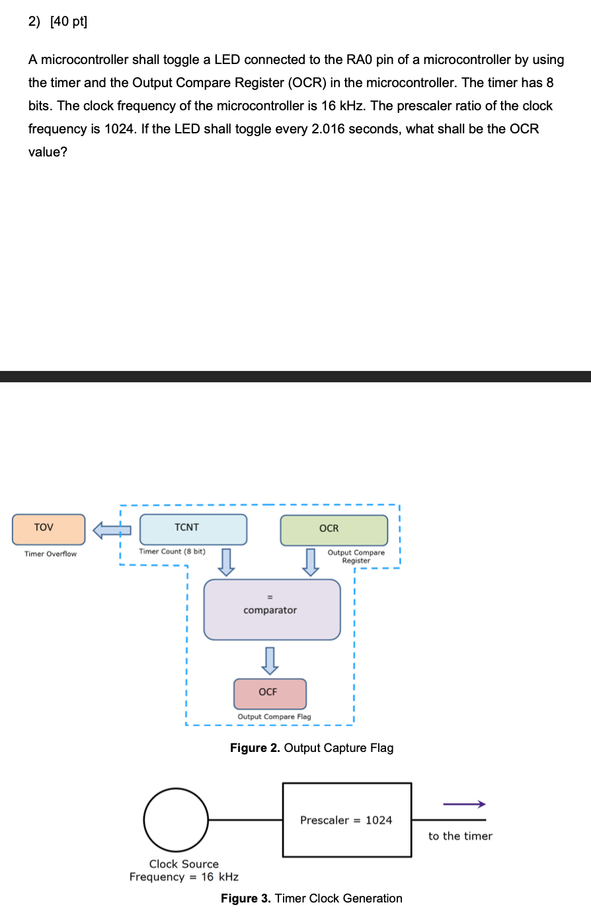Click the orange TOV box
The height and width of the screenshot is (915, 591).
pyautogui.click(x=49, y=529)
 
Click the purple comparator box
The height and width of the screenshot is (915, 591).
pyautogui.click(x=272, y=609)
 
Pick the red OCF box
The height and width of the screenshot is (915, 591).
pyautogui.click(x=270, y=693)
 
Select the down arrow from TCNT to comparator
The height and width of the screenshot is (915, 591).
pyautogui.click(x=226, y=562)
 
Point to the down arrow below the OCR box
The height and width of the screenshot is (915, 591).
pyautogui.click(x=309, y=562)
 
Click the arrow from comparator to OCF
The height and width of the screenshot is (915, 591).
pyautogui.click(x=269, y=660)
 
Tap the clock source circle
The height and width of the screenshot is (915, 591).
pyautogui.click(x=176, y=819)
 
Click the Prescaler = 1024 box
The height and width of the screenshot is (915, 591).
pyautogui.click(x=346, y=820)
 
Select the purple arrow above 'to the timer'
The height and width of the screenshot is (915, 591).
pyautogui.click(x=464, y=804)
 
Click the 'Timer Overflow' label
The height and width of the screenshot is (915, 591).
pyautogui.click(x=50, y=554)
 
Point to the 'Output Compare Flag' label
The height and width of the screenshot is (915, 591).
pyautogui.click(x=274, y=717)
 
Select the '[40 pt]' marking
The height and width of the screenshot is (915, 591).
pyautogui.click(x=68, y=22)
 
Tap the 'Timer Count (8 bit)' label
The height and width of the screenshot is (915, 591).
pyautogui.click(x=172, y=551)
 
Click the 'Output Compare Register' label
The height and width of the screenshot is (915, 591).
pyautogui.click(x=356, y=557)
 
